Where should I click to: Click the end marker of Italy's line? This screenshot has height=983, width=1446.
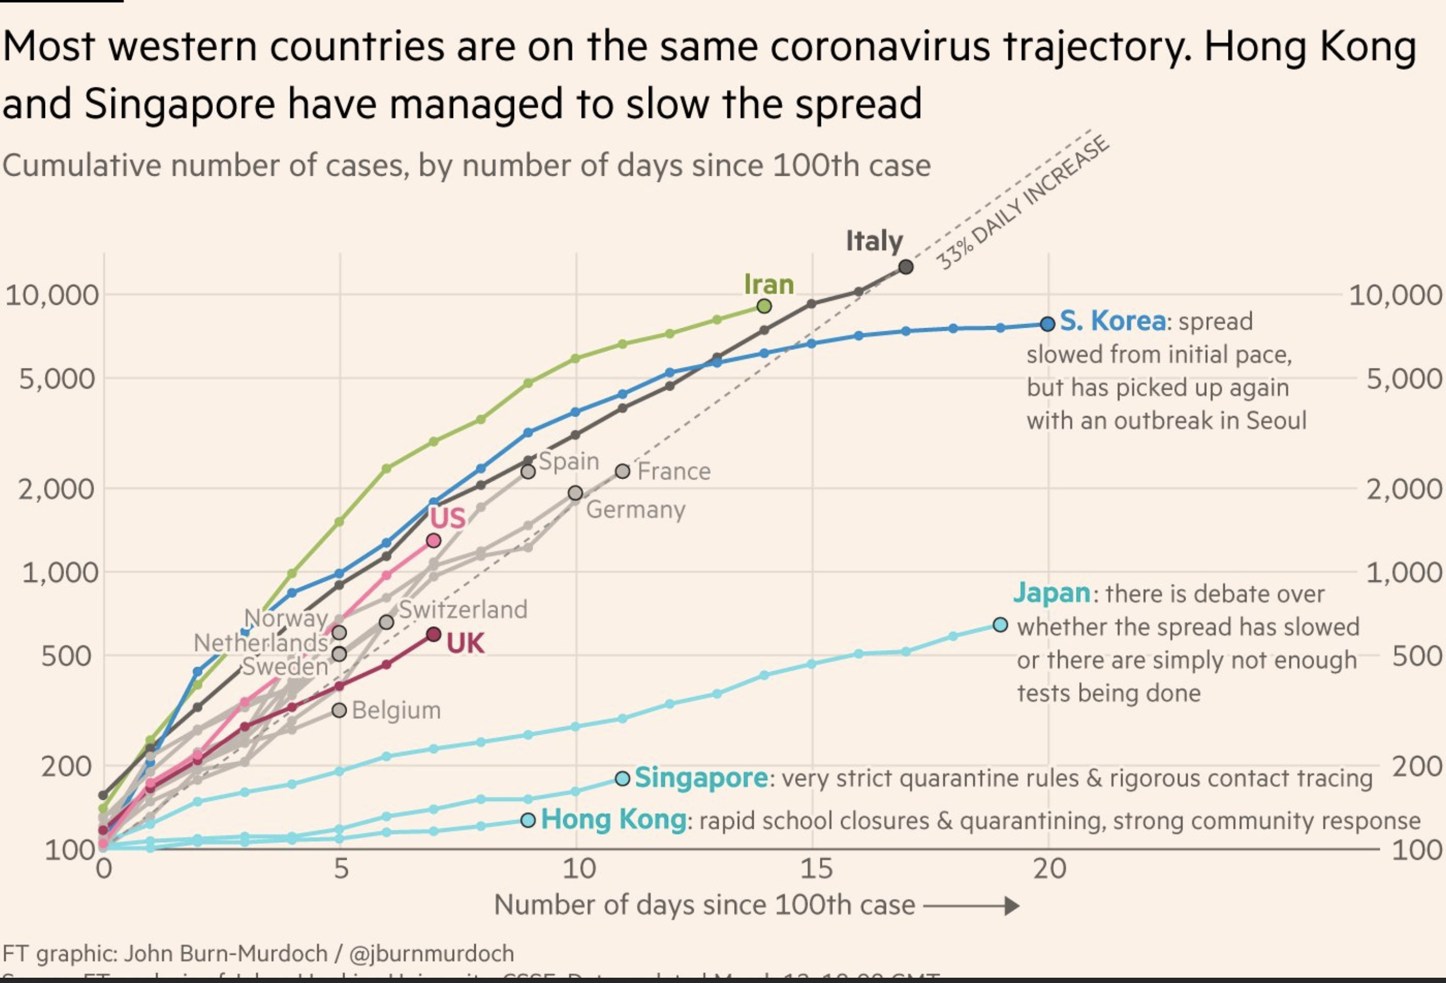[906, 267]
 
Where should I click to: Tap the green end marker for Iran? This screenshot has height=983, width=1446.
[765, 306]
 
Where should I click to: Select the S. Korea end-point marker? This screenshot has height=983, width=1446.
[1048, 323]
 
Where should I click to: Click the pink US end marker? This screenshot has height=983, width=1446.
[433, 540]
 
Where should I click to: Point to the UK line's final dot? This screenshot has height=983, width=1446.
[433, 635]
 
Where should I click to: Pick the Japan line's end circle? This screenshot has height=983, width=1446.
[1000, 625]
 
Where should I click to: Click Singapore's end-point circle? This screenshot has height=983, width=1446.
[623, 778]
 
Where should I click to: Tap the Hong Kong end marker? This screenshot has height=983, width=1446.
[528, 820]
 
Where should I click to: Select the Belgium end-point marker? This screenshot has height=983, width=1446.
[339, 710]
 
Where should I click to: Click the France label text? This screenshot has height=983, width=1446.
[674, 472]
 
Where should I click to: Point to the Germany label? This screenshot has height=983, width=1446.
[635, 510]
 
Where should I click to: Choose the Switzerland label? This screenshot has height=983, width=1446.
[463, 609]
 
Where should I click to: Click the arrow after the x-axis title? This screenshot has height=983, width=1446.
[971, 906]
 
